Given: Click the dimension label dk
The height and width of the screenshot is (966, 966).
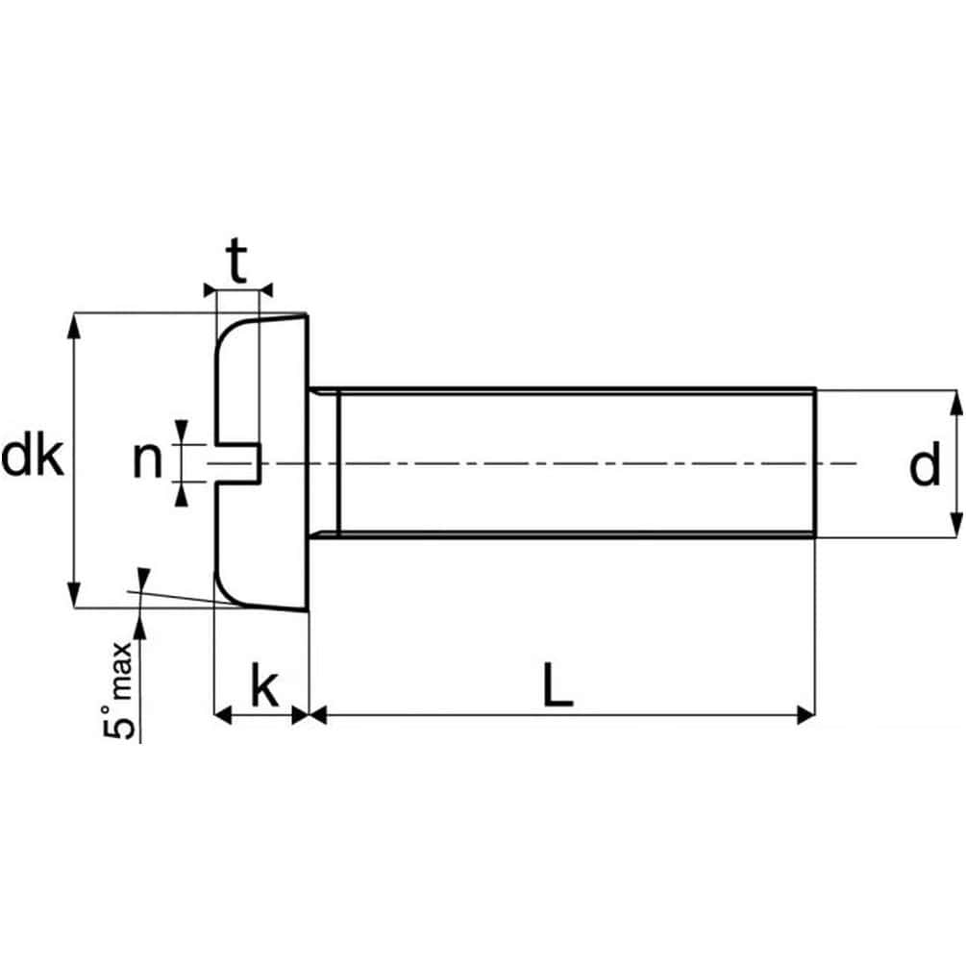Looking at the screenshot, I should pyautogui.click(x=33, y=459).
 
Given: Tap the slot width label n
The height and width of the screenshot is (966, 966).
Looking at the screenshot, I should pyautogui.click(x=147, y=461).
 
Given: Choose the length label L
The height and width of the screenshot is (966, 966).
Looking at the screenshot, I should pyautogui.click(x=557, y=684).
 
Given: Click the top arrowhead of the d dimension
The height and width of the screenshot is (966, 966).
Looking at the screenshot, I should pyautogui.click(x=955, y=401).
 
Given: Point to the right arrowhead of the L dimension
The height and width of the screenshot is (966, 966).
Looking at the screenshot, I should pyautogui.click(x=805, y=714).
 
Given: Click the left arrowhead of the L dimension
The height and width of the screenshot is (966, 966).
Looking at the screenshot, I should pyautogui.click(x=319, y=714).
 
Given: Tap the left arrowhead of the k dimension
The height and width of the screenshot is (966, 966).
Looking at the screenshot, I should pyautogui.click(x=222, y=714).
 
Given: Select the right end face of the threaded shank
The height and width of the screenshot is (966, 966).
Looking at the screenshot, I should pyautogui.click(x=815, y=461).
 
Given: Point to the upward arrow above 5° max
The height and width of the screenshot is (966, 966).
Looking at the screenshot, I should pyautogui.click(x=140, y=626).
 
